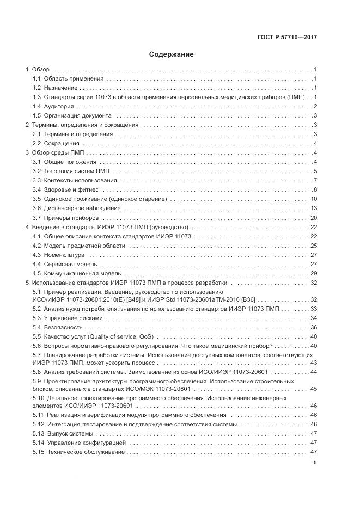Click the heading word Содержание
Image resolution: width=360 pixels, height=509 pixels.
(171, 55)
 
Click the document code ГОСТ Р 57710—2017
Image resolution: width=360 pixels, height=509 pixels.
(287, 38)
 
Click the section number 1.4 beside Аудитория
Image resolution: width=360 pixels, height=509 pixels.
(36, 107)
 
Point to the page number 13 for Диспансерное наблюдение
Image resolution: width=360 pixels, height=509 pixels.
(313, 208)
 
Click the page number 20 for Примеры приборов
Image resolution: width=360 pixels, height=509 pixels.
(313, 218)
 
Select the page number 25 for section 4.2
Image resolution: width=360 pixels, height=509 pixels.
(313, 246)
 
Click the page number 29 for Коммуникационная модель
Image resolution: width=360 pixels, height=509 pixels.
(313, 273)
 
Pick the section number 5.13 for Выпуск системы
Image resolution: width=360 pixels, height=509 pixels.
(38, 433)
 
